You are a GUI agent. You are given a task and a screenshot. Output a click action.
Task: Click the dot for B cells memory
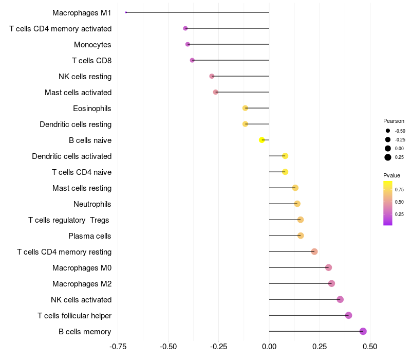point(363,331)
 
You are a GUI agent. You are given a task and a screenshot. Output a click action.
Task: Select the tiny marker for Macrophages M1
point(126,12)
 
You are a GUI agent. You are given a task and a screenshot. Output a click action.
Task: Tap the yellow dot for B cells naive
point(262,140)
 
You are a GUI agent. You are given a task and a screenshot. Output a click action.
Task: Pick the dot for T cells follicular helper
point(348,315)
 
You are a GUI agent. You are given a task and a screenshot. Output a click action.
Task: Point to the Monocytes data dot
point(188,44)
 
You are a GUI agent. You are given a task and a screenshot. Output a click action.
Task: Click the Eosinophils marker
point(245,108)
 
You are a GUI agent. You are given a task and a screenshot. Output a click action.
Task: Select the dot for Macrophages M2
point(331,283)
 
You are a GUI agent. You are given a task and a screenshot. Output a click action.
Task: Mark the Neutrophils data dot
point(297,204)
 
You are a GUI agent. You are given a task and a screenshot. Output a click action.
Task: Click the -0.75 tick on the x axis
point(119,347)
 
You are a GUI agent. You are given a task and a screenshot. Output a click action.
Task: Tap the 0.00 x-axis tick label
point(269,347)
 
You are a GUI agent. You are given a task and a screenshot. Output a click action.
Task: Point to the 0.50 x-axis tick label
point(370,347)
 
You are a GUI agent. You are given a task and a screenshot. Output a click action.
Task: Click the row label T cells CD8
point(91,61)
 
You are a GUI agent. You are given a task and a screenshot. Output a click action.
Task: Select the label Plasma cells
point(90,236)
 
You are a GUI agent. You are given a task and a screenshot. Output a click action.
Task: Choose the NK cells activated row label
point(81,300)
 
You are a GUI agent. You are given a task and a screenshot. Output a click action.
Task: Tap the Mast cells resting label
point(82,188)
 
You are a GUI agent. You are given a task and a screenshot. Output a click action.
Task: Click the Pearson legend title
point(394,121)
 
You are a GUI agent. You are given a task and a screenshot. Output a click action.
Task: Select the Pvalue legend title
point(392,175)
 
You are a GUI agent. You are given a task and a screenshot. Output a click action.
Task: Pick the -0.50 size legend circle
point(388,131)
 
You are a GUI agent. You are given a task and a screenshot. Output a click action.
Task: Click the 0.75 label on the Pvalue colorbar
point(399,189)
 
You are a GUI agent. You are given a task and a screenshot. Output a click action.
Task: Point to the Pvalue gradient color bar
point(388,203)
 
